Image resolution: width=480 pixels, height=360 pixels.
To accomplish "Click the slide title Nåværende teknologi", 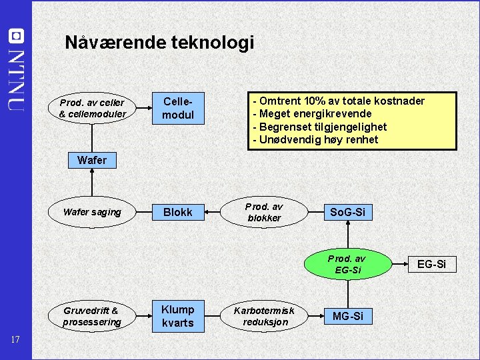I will click(x=159, y=43).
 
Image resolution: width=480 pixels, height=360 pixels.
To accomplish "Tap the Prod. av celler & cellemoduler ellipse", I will click(x=92, y=109).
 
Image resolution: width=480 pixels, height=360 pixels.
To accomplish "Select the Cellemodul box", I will click(x=178, y=108).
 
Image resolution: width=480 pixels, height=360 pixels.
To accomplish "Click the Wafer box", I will click(x=91, y=160).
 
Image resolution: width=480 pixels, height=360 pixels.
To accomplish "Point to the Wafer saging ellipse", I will click(x=92, y=212).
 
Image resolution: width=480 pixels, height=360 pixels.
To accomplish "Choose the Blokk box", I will click(x=178, y=212).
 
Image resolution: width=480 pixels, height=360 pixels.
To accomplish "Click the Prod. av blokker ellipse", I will click(x=264, y=212).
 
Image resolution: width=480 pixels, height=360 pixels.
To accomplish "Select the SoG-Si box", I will click(x=347, y=212).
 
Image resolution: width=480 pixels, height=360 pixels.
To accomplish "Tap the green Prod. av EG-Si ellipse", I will click(x=347, y=264).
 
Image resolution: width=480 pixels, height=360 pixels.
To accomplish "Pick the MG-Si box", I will click(x=347, y=316).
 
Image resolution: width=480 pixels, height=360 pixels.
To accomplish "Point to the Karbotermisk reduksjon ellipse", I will click(x=264, y=316).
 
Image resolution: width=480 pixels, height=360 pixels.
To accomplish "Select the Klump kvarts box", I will click(x=178, y=316).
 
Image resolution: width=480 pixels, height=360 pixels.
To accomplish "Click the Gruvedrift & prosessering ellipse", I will click(x=92, y=316).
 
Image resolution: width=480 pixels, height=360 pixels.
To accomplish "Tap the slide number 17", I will click(x=16, y=341).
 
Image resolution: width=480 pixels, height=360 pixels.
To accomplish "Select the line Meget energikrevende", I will click(x=315, y=114).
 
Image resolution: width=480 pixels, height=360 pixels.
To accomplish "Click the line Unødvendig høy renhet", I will click(x=319, y=139).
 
